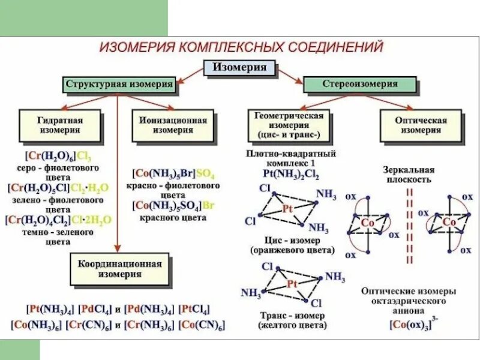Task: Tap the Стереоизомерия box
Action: pyautogui.click(x=359, y=85)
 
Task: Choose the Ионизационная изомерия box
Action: pyautogui.click(x=173, y=125)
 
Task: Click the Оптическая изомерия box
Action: pyautogui.click(x=421, y=125)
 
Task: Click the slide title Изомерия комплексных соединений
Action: pyautogui.click(x=241, y=47)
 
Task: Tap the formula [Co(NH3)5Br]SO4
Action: pyautogui.click(x=173, y=175)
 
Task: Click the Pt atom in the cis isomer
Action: pyautogui.click(x=287, y=210)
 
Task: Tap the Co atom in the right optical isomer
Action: pyautogui.click(x=449, y=222)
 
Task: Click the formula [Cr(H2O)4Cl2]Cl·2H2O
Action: pyautogui.click(x=59, y=220)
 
